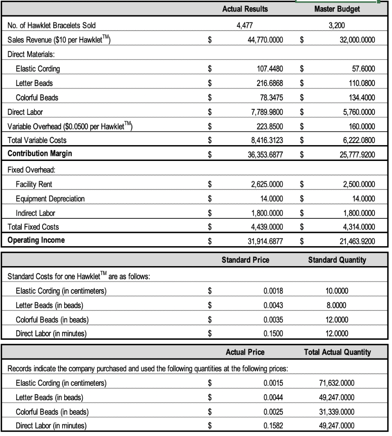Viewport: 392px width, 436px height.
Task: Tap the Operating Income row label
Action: point(36,240)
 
